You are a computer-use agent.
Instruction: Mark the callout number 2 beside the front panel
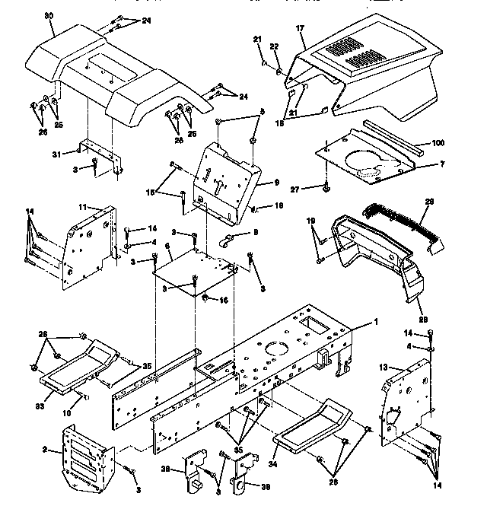pos(46,450)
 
